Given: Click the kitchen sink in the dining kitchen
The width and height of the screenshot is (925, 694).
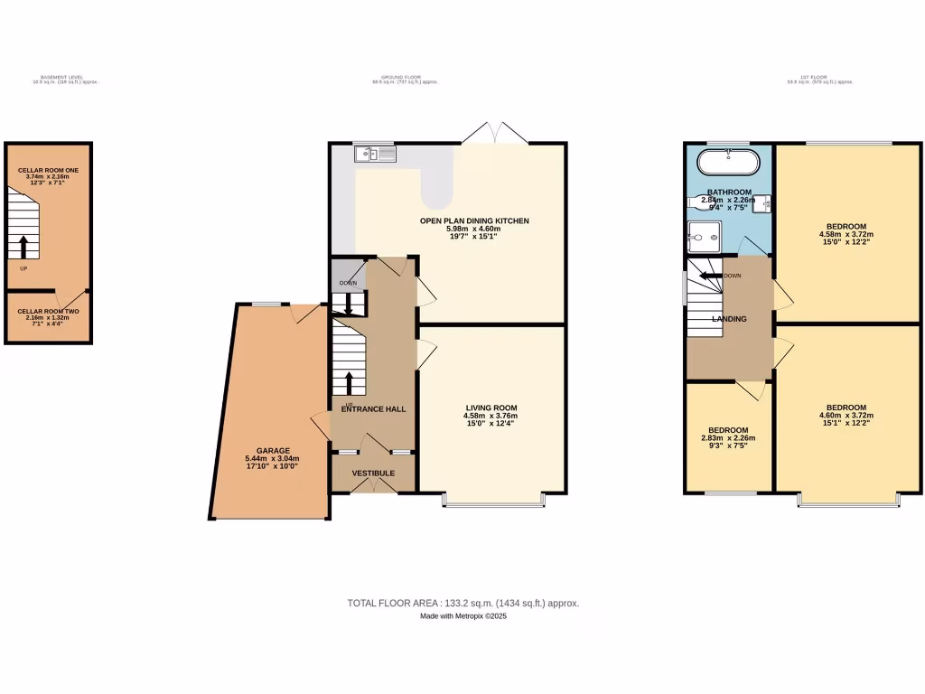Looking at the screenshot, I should (x=375, y=154).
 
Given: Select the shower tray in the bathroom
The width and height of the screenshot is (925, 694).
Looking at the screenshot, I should (x=702, y=237).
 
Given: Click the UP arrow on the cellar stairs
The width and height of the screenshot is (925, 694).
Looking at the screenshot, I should (x=23, y=245).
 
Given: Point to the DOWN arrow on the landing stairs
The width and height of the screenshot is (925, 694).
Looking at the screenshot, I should (x=710, y=276).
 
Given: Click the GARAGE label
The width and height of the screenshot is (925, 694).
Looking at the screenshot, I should (x=272, y=450).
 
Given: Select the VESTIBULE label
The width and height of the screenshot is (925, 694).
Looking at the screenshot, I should (x=373, y=473).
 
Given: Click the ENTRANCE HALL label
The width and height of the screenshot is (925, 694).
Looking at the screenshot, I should (x=373, y=408).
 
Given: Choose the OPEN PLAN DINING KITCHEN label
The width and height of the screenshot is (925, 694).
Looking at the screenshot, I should (x=474, y=220).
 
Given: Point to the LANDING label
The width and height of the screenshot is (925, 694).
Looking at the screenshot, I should (x=729, y=319).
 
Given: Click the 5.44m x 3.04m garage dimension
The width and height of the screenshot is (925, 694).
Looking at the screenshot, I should (x=272, y=459).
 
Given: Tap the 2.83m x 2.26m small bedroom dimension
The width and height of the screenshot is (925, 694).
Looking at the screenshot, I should (x=727, y=438).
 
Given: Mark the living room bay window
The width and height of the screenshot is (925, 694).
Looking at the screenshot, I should (x=493, y=499).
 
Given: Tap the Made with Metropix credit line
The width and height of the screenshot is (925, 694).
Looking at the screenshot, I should (x=462, y=616).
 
